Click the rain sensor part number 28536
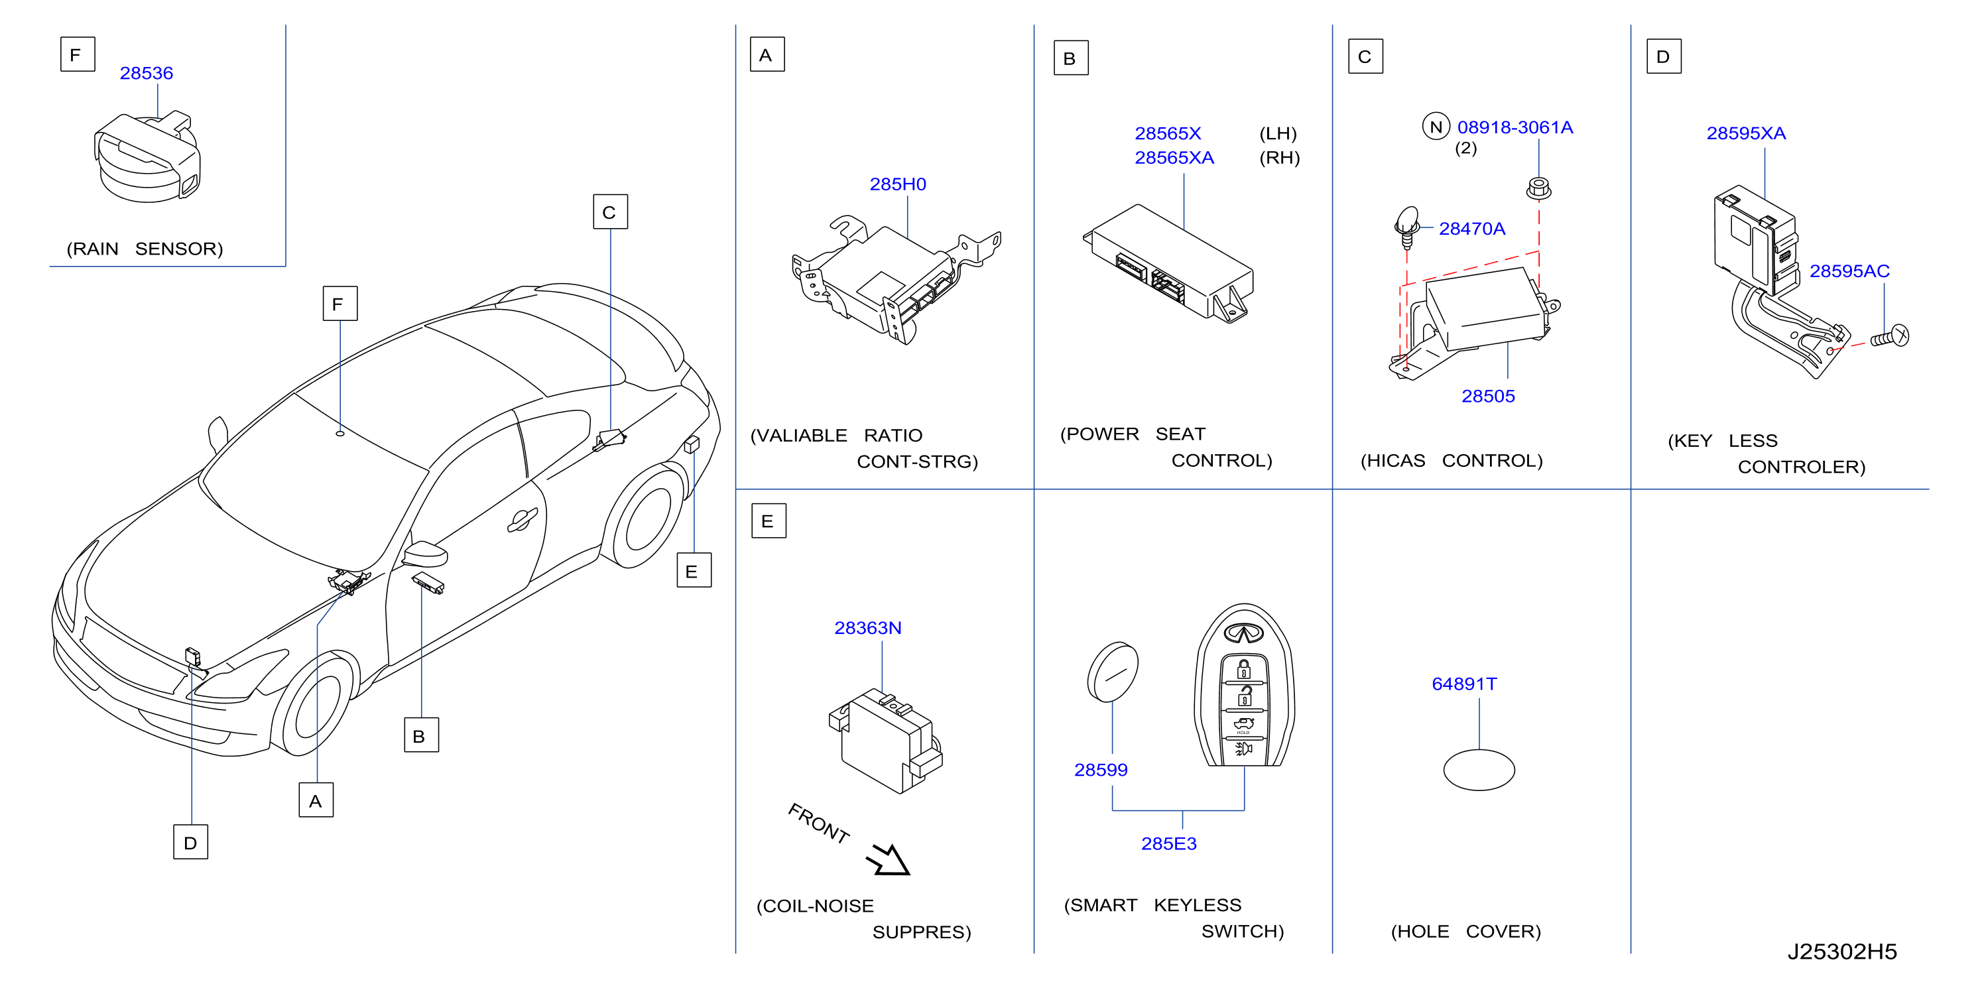(146, 73)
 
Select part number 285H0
(897, 184)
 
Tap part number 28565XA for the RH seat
(1174, 158)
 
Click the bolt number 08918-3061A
(1515, 127)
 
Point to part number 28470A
(1471, 229)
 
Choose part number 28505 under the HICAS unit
(1487, 397)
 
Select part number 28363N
(867, 628)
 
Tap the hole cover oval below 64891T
(1478, 770)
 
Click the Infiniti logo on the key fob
(1244, 633)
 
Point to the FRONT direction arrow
(889, 859)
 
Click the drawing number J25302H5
(1841, 952)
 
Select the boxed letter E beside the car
(694, 570)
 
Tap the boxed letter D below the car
(190, 842)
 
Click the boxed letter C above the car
(610, 212)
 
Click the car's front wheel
(316, 705)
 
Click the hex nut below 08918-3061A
(1537, 188)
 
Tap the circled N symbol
(1435, 127)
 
